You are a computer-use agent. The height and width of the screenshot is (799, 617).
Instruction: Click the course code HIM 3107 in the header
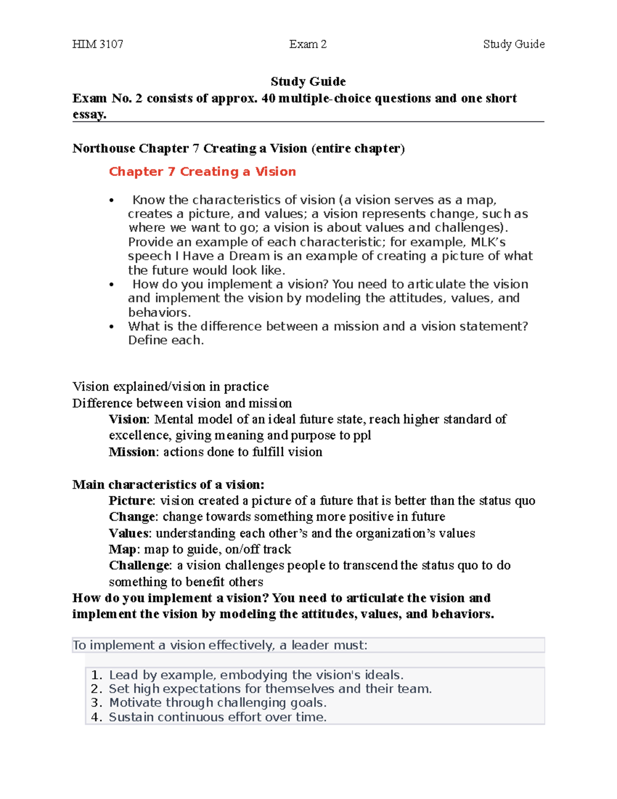point(98,44)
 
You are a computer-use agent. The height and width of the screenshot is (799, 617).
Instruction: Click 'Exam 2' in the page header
point(307,44)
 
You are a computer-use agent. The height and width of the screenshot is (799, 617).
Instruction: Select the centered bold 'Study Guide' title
point(308,81)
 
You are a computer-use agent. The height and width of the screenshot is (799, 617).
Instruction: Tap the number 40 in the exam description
point(268,98)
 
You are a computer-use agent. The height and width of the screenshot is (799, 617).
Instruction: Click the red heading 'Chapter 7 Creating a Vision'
point(202,172)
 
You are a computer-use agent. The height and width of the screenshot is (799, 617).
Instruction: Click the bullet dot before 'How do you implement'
point(112,285)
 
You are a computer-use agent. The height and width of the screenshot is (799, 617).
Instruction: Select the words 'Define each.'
point(166,341)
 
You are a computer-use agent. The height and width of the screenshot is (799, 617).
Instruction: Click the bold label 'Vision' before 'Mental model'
point(128,419)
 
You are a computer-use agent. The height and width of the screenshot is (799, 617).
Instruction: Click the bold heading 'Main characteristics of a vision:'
point(168,485)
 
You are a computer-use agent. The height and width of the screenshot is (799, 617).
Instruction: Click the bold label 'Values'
point(130,533)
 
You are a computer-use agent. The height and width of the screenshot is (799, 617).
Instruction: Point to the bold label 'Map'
point(122,549)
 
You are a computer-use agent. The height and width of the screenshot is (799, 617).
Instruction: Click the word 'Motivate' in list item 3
point(132,703)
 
